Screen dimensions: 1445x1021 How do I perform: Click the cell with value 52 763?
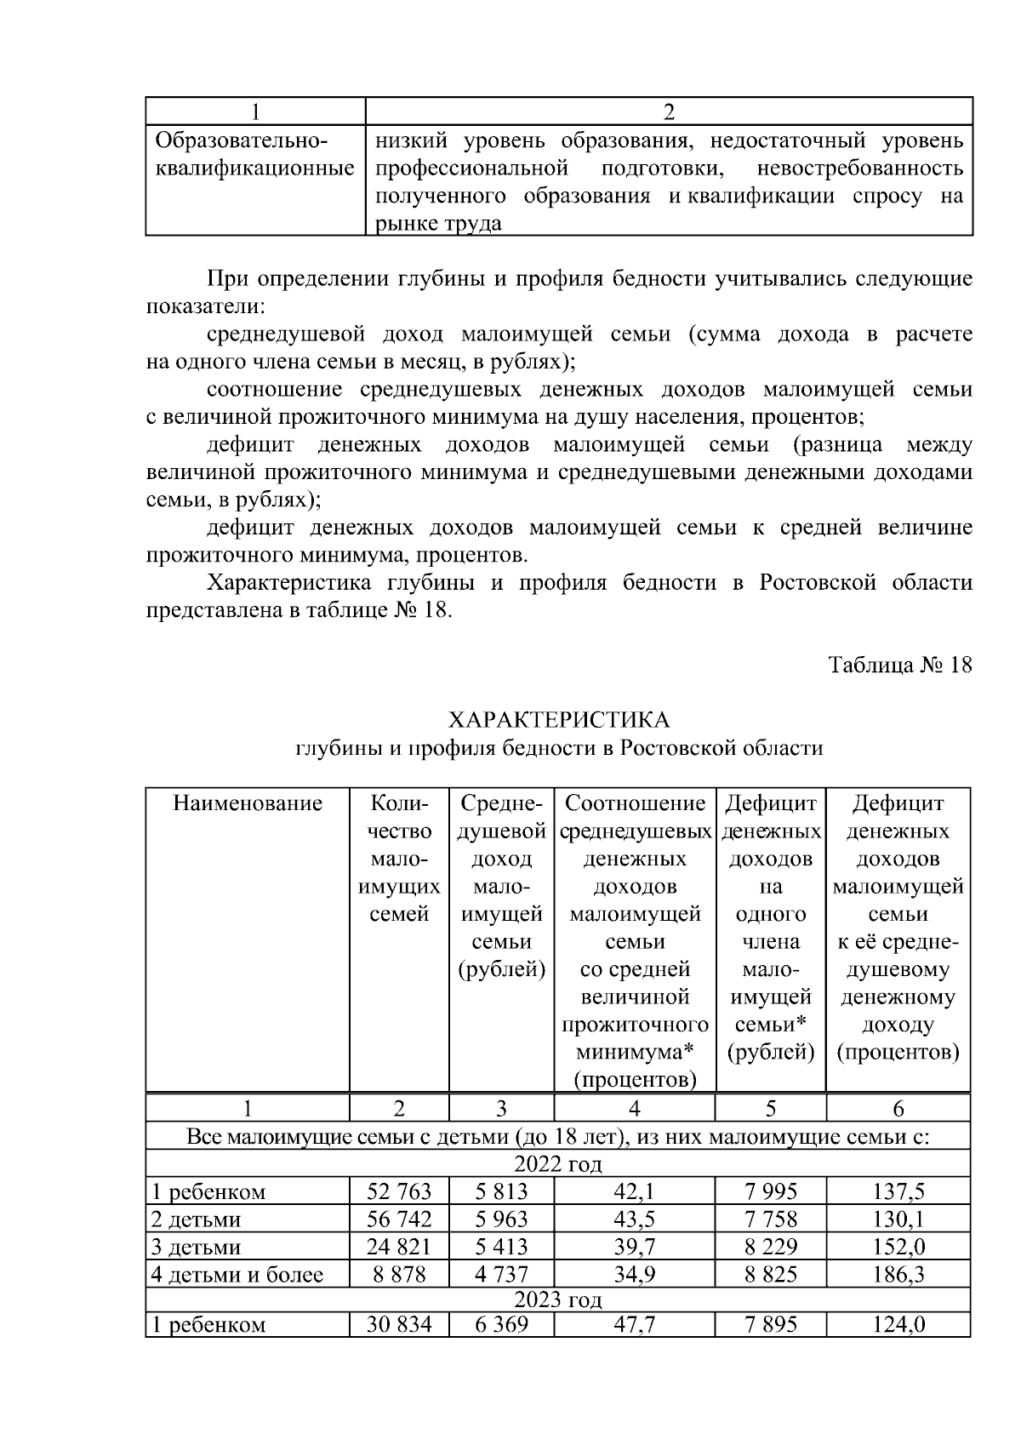399,1191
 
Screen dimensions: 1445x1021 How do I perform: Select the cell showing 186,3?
898,1274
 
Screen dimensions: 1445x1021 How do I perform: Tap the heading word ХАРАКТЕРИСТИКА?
559,720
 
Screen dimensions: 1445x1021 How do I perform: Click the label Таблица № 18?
900,665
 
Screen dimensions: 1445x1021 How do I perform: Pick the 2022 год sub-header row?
558,1163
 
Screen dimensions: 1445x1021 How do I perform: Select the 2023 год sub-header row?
558,1300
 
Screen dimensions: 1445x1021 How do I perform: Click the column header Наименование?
248,803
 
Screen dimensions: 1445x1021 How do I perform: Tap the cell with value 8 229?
770,1247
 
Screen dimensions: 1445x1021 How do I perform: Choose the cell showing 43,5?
634,1219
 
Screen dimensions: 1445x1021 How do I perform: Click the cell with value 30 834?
399,1324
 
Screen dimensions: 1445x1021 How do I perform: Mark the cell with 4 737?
501,1274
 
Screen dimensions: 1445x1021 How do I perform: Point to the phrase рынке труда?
438,224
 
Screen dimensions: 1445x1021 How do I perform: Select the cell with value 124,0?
898,1324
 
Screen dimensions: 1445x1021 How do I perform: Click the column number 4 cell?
634,1108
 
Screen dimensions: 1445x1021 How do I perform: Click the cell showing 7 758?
770,1219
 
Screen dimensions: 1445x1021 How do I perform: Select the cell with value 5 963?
501,1219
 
